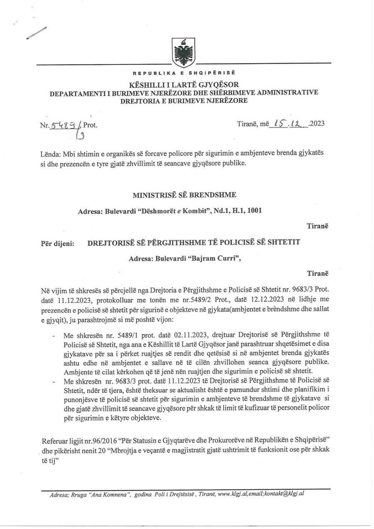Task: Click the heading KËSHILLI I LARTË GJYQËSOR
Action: pos(184,84)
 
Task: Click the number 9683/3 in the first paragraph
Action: pos(311,288)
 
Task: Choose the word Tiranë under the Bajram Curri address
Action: pos(317,273)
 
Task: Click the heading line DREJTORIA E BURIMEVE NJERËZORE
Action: pos(184,100)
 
